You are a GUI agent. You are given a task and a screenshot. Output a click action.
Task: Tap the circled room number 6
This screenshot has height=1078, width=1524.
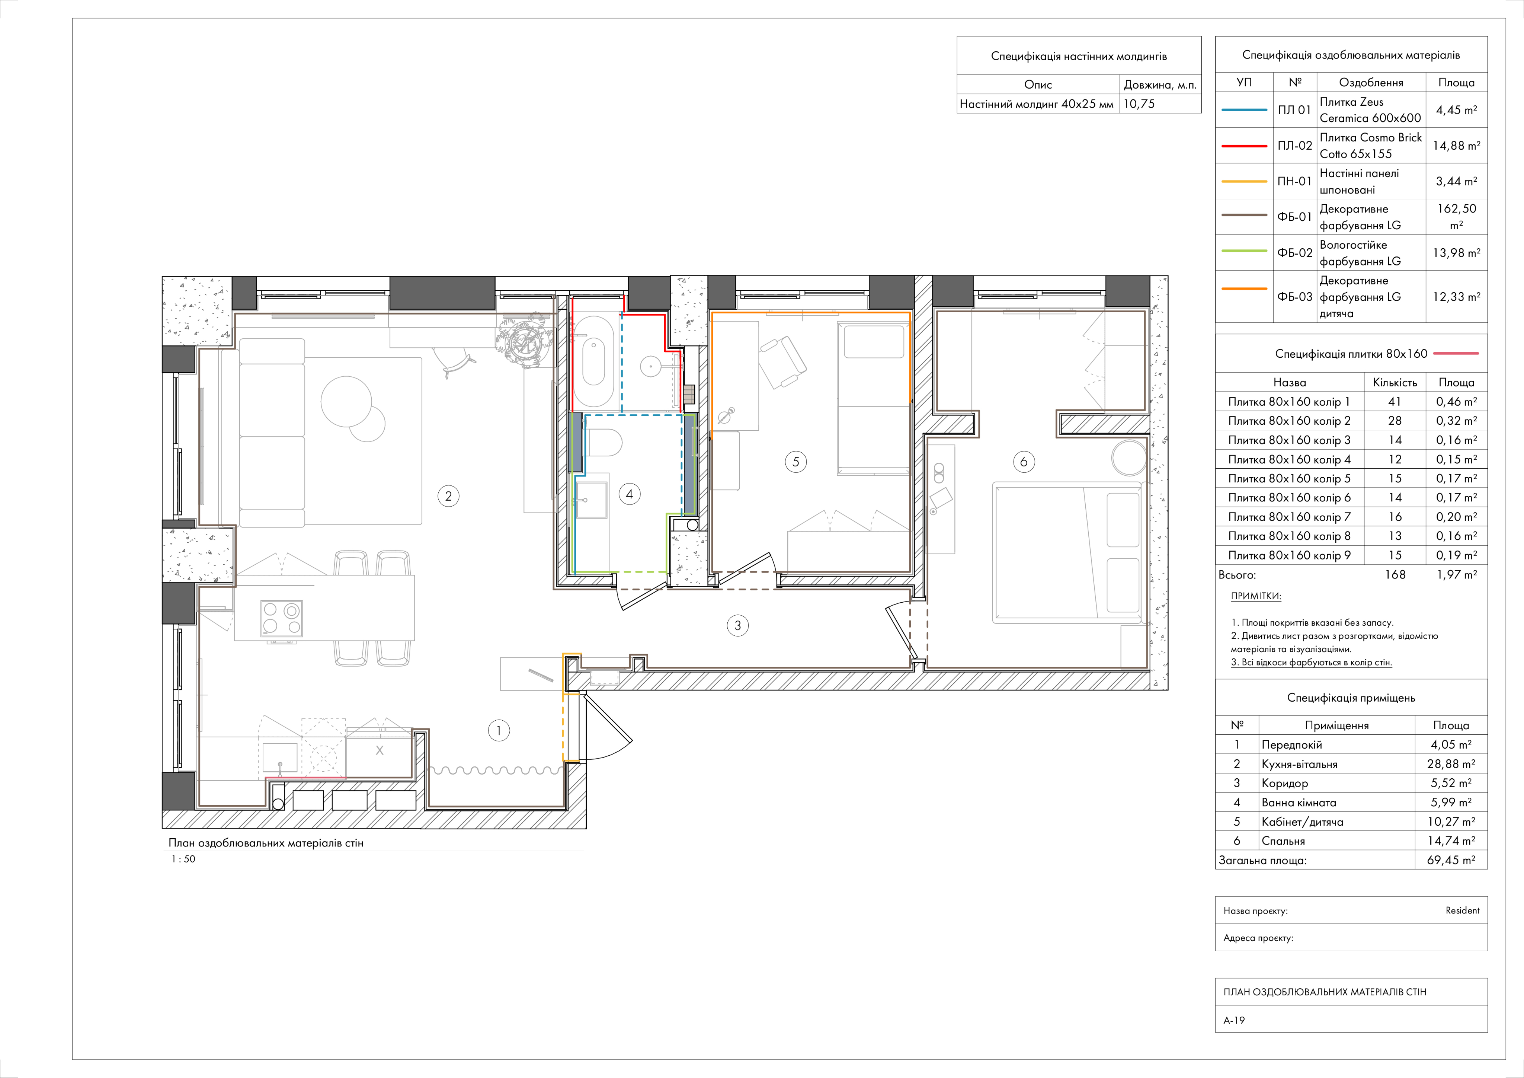coord(1024,462)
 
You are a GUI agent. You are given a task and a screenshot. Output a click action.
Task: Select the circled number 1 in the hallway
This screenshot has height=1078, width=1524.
coord(499,731)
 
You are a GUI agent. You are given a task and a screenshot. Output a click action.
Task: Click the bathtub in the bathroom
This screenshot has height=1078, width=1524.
coord(593,361)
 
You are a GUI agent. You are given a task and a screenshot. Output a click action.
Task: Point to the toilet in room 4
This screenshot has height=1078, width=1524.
coord(604,442)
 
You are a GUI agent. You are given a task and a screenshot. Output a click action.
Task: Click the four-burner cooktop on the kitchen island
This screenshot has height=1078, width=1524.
coord(281,618)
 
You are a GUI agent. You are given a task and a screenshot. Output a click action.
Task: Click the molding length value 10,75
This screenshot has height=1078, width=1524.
coord(1139,103)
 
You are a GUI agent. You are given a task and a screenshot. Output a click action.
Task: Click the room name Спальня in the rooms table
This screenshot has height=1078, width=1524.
coord(1283,841)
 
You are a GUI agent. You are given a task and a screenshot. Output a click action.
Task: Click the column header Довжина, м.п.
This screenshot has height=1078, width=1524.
coord(1160,84)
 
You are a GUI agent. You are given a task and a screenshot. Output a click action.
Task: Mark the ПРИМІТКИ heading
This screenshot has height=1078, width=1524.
coord(1256,596)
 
